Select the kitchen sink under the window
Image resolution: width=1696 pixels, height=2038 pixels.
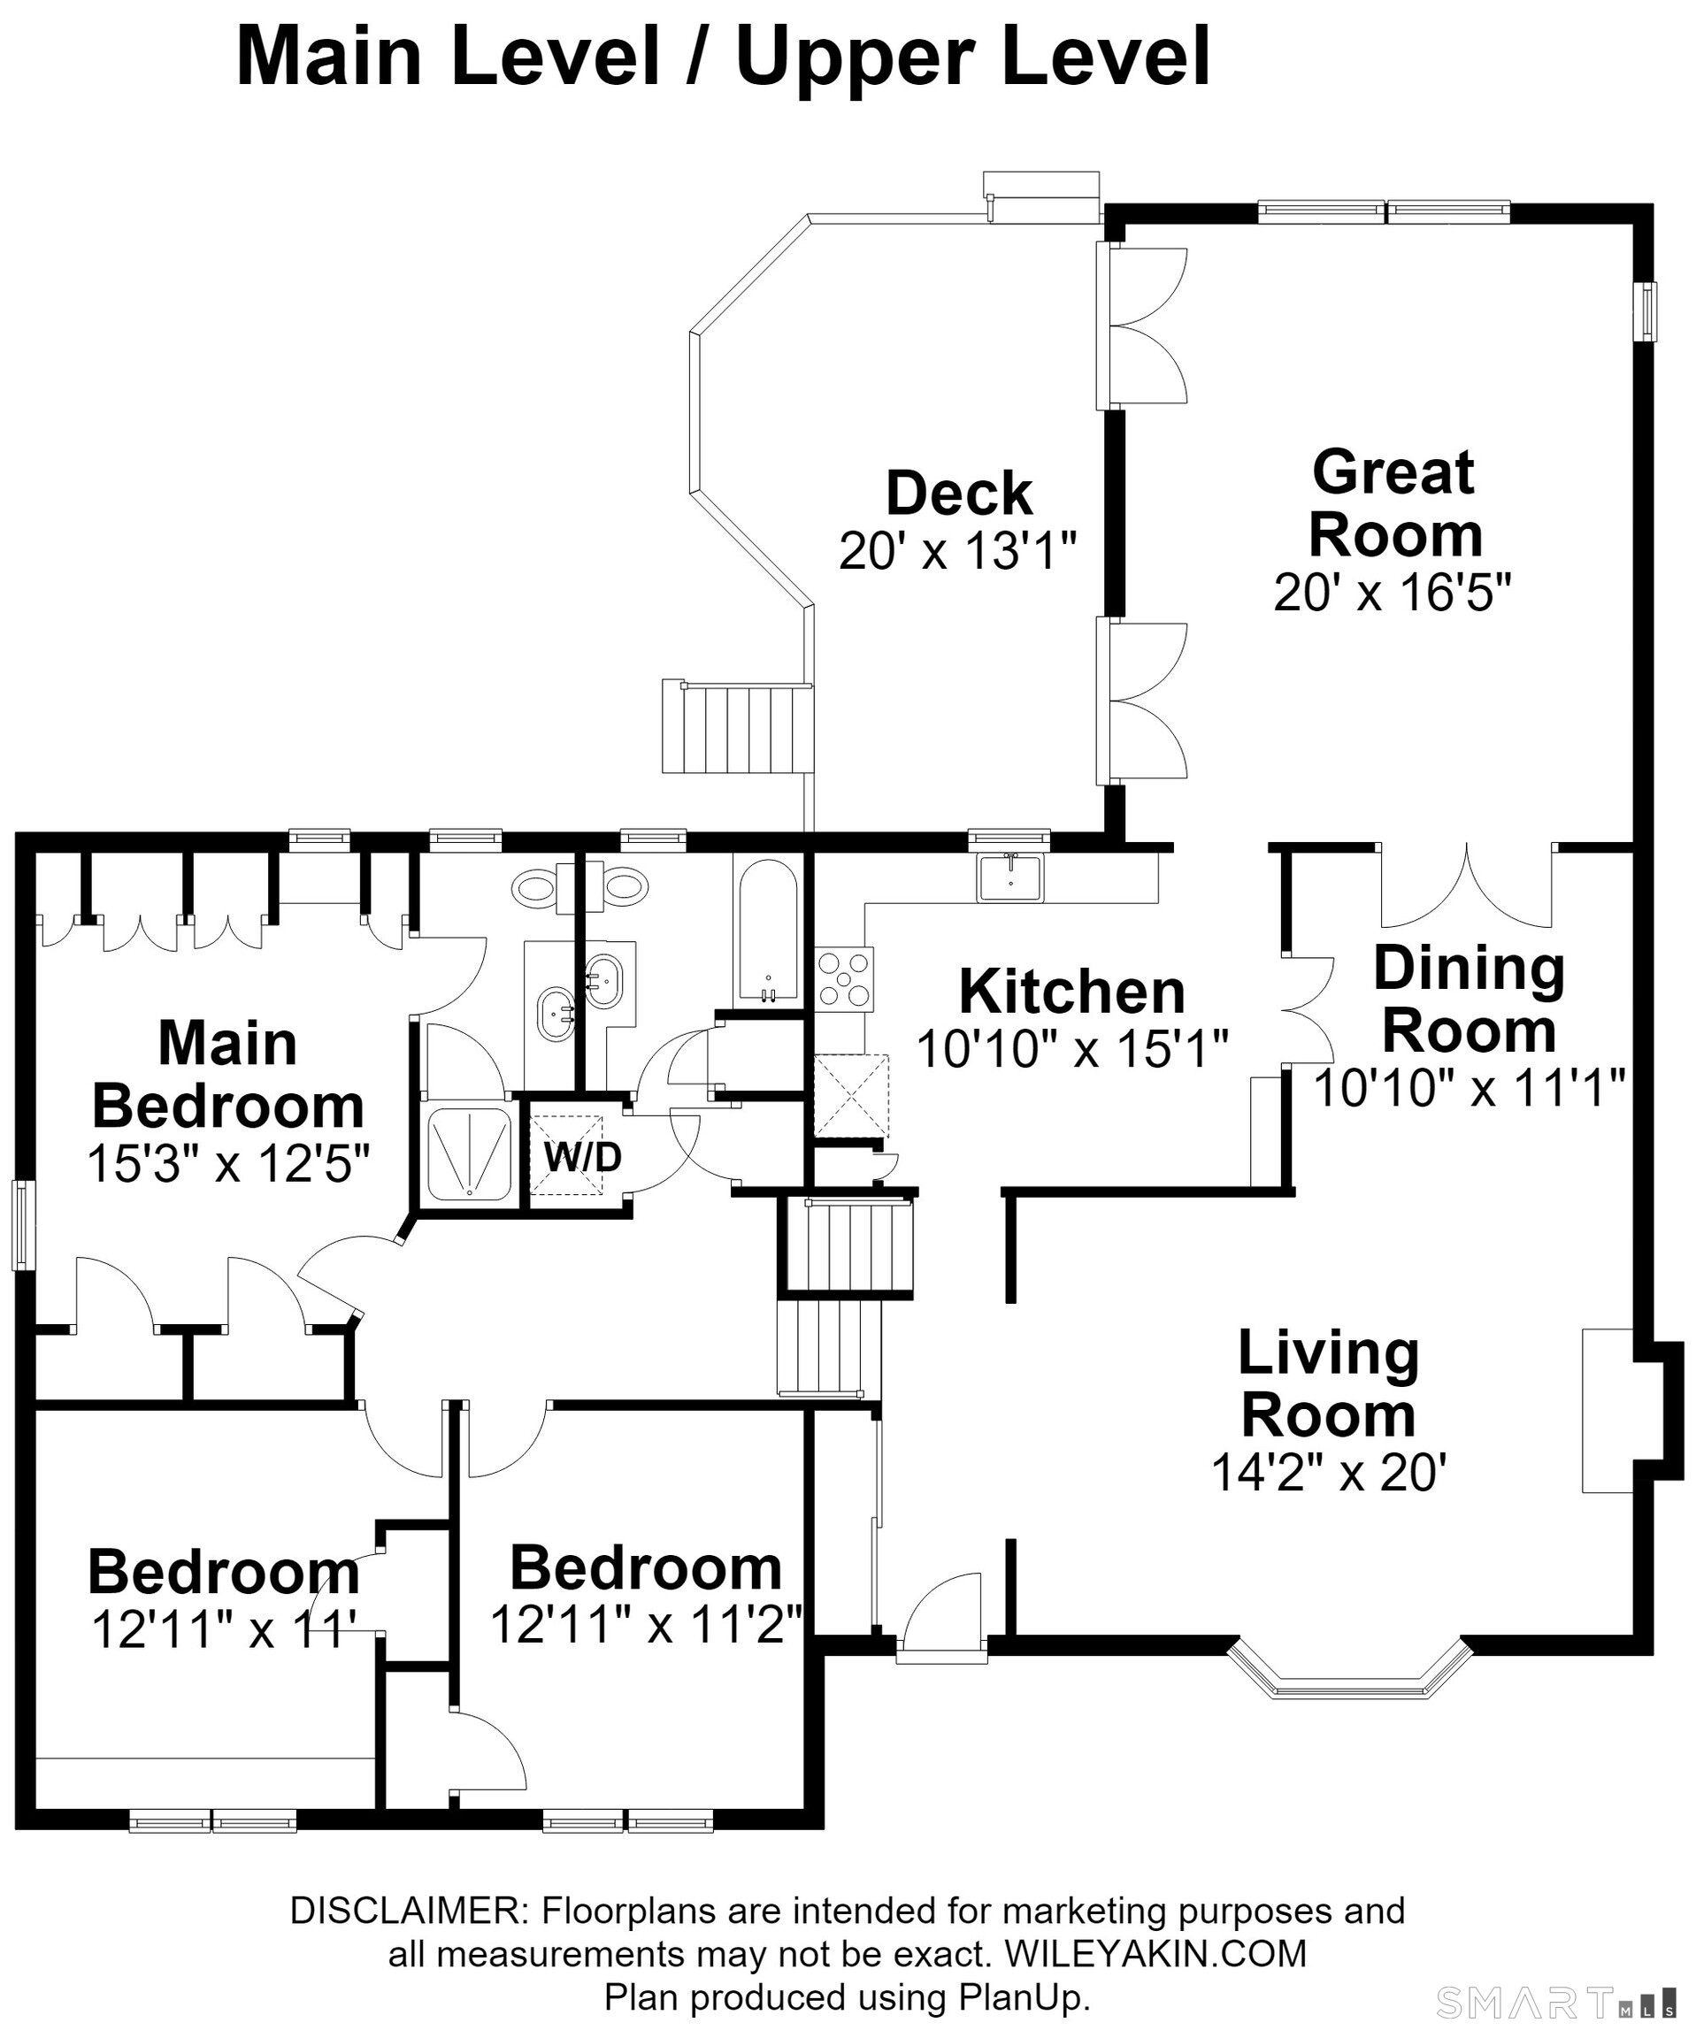point(1009,877)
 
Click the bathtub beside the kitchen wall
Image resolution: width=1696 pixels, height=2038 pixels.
point(768,931)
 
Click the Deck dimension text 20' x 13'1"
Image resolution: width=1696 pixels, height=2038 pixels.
point(958,551)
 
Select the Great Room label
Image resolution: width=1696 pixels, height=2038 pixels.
point(1395,502)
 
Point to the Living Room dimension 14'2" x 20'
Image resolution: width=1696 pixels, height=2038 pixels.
point(1329,1472)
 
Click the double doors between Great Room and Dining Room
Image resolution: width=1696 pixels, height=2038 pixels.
point(1466,885)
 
